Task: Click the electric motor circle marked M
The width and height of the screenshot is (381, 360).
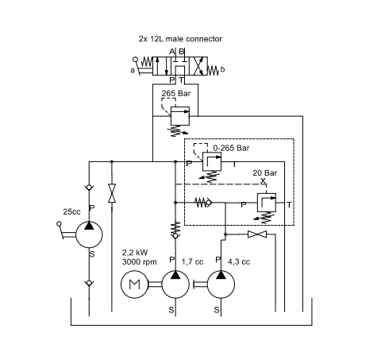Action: click(x=134, y=285)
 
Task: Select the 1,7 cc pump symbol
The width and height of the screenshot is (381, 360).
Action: click(x=175, y=285)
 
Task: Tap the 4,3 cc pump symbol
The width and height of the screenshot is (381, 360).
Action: click(x=221, y=285)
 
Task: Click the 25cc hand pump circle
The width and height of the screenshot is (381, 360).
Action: click(x=89, y=234)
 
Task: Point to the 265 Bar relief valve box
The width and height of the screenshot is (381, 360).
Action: click(x=180, y=116)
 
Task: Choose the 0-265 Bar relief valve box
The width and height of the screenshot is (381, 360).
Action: click(x=212, y=161)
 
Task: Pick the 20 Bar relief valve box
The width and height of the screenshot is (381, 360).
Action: click(x=267, y=203)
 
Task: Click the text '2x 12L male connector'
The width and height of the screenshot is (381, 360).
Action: click(x=180, y=39)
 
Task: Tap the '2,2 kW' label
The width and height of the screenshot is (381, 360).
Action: click(x=135, y=253)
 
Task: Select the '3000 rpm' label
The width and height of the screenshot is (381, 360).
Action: click(x=140, y=261)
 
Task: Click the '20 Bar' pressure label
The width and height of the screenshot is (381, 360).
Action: click(x=265, y=173)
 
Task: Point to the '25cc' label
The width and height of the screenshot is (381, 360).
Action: click(x=71, y=211)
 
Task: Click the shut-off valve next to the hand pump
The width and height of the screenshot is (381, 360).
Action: click(x=112, y=193)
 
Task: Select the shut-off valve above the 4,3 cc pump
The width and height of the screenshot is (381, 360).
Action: click(x=257, y=234)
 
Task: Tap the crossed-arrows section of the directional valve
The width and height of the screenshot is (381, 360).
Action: click(x=198, y=66)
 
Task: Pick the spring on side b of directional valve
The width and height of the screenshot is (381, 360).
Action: click(x=214, y=71)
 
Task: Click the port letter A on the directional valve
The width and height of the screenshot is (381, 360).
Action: click(x=172, y=52)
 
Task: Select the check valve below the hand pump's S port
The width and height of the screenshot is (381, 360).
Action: click(x=89, y=283)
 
